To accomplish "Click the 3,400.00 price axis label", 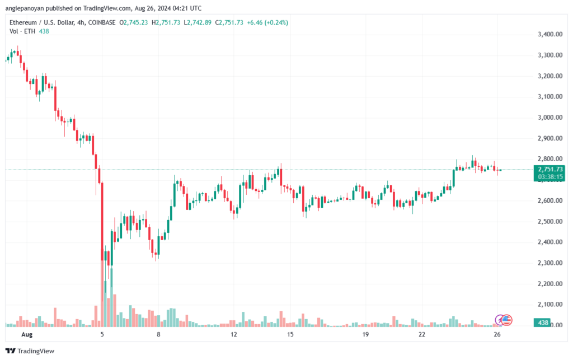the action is point(549,34).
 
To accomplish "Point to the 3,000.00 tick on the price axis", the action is point(549,118).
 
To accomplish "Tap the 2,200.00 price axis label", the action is point(549,284).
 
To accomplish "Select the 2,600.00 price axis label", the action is point(549,200).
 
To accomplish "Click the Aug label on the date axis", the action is point(27,334).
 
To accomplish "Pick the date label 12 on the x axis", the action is point(233,334).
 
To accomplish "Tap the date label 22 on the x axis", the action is point(422,334).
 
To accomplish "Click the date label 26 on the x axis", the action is point(497,334).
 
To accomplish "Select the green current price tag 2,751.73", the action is point(550,170).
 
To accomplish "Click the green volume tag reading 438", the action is point(543,322).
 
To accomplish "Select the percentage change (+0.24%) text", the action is point(276,22).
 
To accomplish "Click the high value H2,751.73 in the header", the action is point(166,22).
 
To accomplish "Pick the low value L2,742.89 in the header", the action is point(198,22).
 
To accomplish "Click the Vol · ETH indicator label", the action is point(22,31).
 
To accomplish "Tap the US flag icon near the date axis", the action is point(506,320).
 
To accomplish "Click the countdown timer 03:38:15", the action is point(550,177).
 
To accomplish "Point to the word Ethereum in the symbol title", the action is point(23,22).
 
